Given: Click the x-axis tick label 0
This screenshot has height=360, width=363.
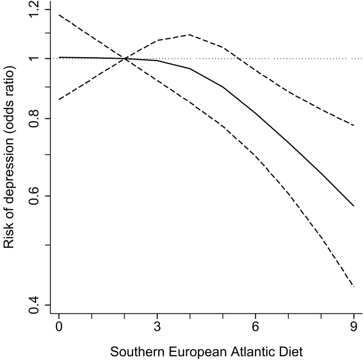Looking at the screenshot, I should coord(59,327).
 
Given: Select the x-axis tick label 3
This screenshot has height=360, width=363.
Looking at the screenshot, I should coord(157,327).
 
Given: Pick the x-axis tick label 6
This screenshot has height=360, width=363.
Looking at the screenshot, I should coord(255,327).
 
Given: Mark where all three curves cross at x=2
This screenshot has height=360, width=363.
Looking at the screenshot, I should coord(125,59).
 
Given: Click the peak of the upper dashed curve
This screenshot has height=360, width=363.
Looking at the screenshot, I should coord(190,35).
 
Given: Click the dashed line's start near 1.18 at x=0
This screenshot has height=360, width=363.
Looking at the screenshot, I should coord(59,15).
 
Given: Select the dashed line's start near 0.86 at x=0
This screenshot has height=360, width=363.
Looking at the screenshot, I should coord(59,99).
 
